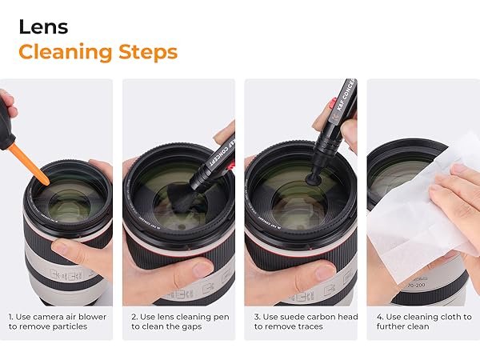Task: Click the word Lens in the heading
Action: (x=43, y=27)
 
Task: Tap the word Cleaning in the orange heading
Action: (x=66, y=52)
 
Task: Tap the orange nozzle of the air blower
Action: (x=29, y=165)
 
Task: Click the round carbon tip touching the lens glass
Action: (x=313, y=178)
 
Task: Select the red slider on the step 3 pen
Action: (x=332, y=104)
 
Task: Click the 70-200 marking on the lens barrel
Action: (x=416, y=286)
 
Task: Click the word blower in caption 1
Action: (x=91, y=317)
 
